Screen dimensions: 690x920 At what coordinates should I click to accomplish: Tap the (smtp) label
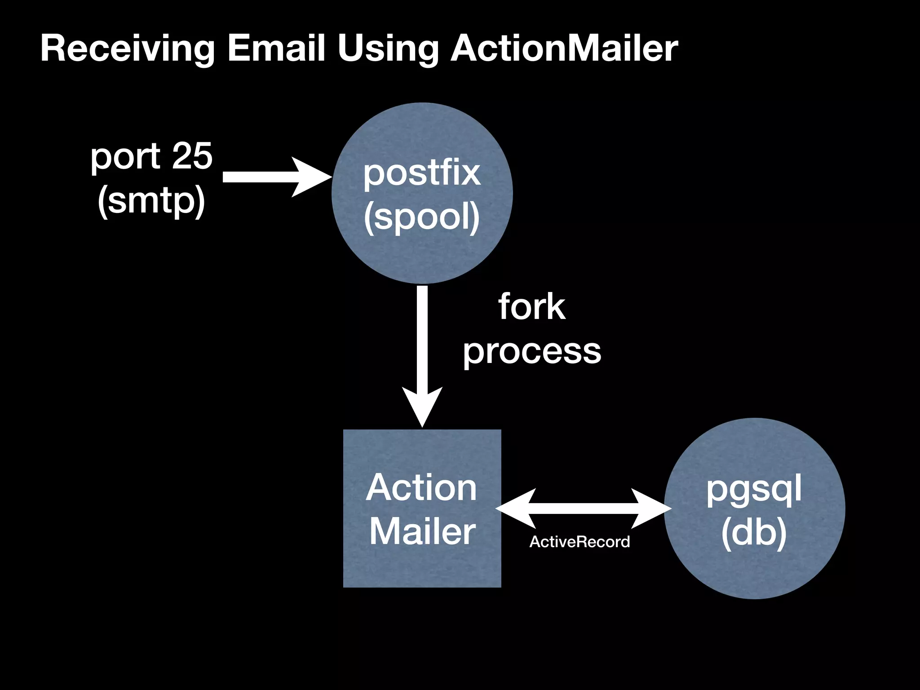[151, 201]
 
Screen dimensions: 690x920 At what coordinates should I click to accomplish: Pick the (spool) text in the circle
[422, 217]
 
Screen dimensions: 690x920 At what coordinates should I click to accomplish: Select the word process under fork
[532, 352]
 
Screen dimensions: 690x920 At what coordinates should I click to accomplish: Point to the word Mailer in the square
[422, 531]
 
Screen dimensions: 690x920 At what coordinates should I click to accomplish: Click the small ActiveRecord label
[579, 542]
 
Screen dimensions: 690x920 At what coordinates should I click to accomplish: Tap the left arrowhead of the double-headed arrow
[517, 509]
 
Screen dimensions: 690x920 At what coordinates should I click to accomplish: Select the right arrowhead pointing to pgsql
[651, 509]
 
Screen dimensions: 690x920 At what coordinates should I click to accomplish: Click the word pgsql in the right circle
[754, 490]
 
